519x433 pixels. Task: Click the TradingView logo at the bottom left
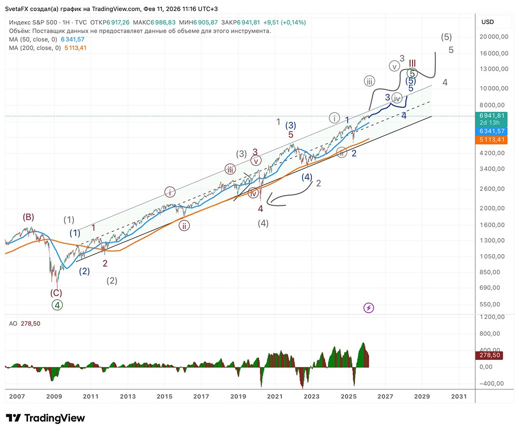(45, 418)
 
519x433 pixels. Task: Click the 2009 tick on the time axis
(54, 397)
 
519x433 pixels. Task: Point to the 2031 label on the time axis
(459, 397)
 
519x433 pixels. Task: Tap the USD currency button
(488, 22)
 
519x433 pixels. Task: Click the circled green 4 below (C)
(57, 305)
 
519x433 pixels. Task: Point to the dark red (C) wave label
(57, 293)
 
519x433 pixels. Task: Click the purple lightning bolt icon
(369, 308)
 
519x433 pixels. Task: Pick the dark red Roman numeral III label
(412, 63)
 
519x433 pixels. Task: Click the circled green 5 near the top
(412, 74)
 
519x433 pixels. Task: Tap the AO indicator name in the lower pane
(13, 323)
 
